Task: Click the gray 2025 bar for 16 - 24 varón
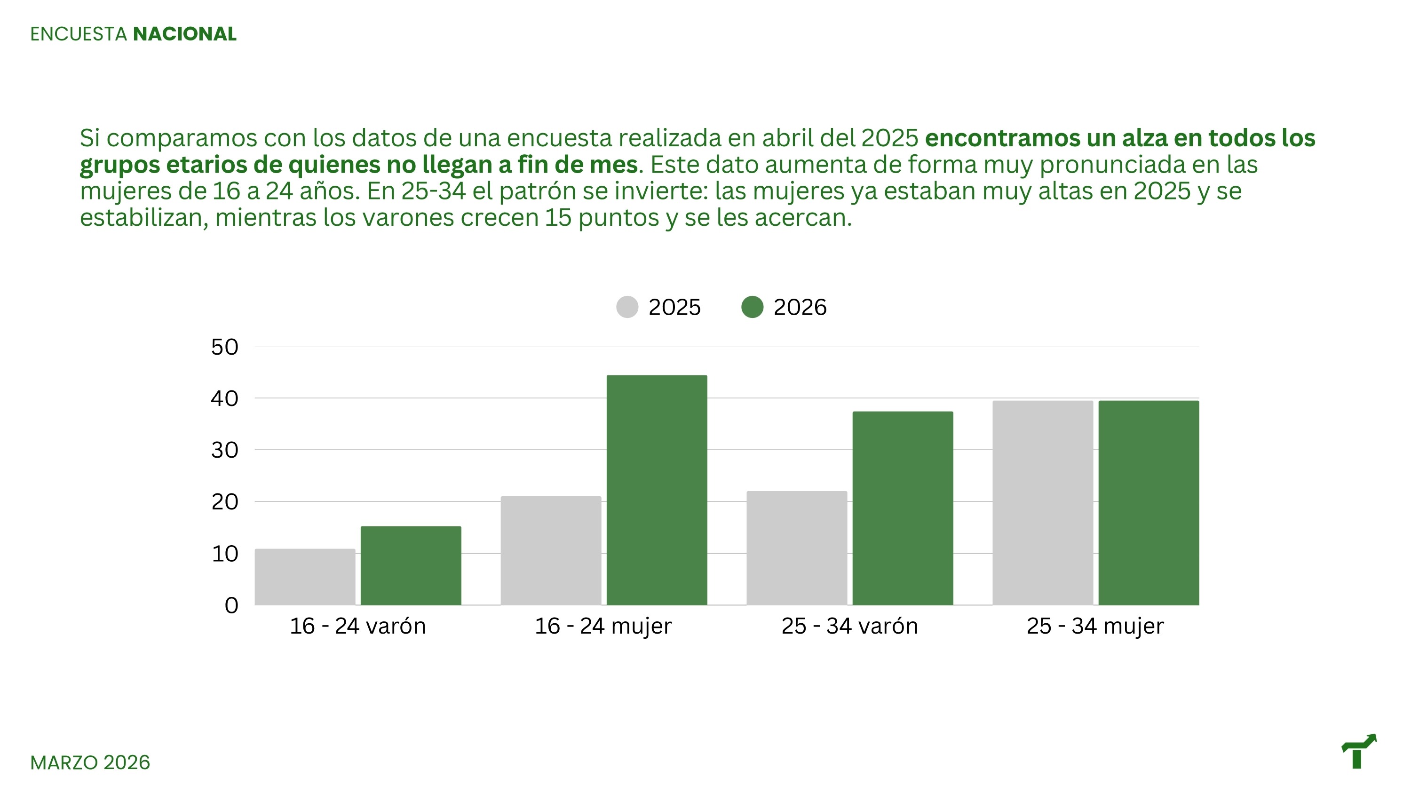click(x=305, y=577)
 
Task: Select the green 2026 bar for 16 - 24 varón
click(x=411, y=565)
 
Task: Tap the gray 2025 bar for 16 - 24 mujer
click(x=550, y=551)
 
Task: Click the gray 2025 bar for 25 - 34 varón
click(x=796, y=548)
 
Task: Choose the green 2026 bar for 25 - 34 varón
click(x=903, y=508)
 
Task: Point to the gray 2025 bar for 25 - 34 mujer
click(x=1042, y=502)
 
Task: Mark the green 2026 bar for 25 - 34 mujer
click(x=1149, y=502)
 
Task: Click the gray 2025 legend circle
click(x=627, y=307)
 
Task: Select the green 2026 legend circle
click(x=752, y=307)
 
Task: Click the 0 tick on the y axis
click(x=232, y=605)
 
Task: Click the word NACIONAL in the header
click(x=184, y=34)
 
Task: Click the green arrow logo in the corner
click(x=1358, y=751)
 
